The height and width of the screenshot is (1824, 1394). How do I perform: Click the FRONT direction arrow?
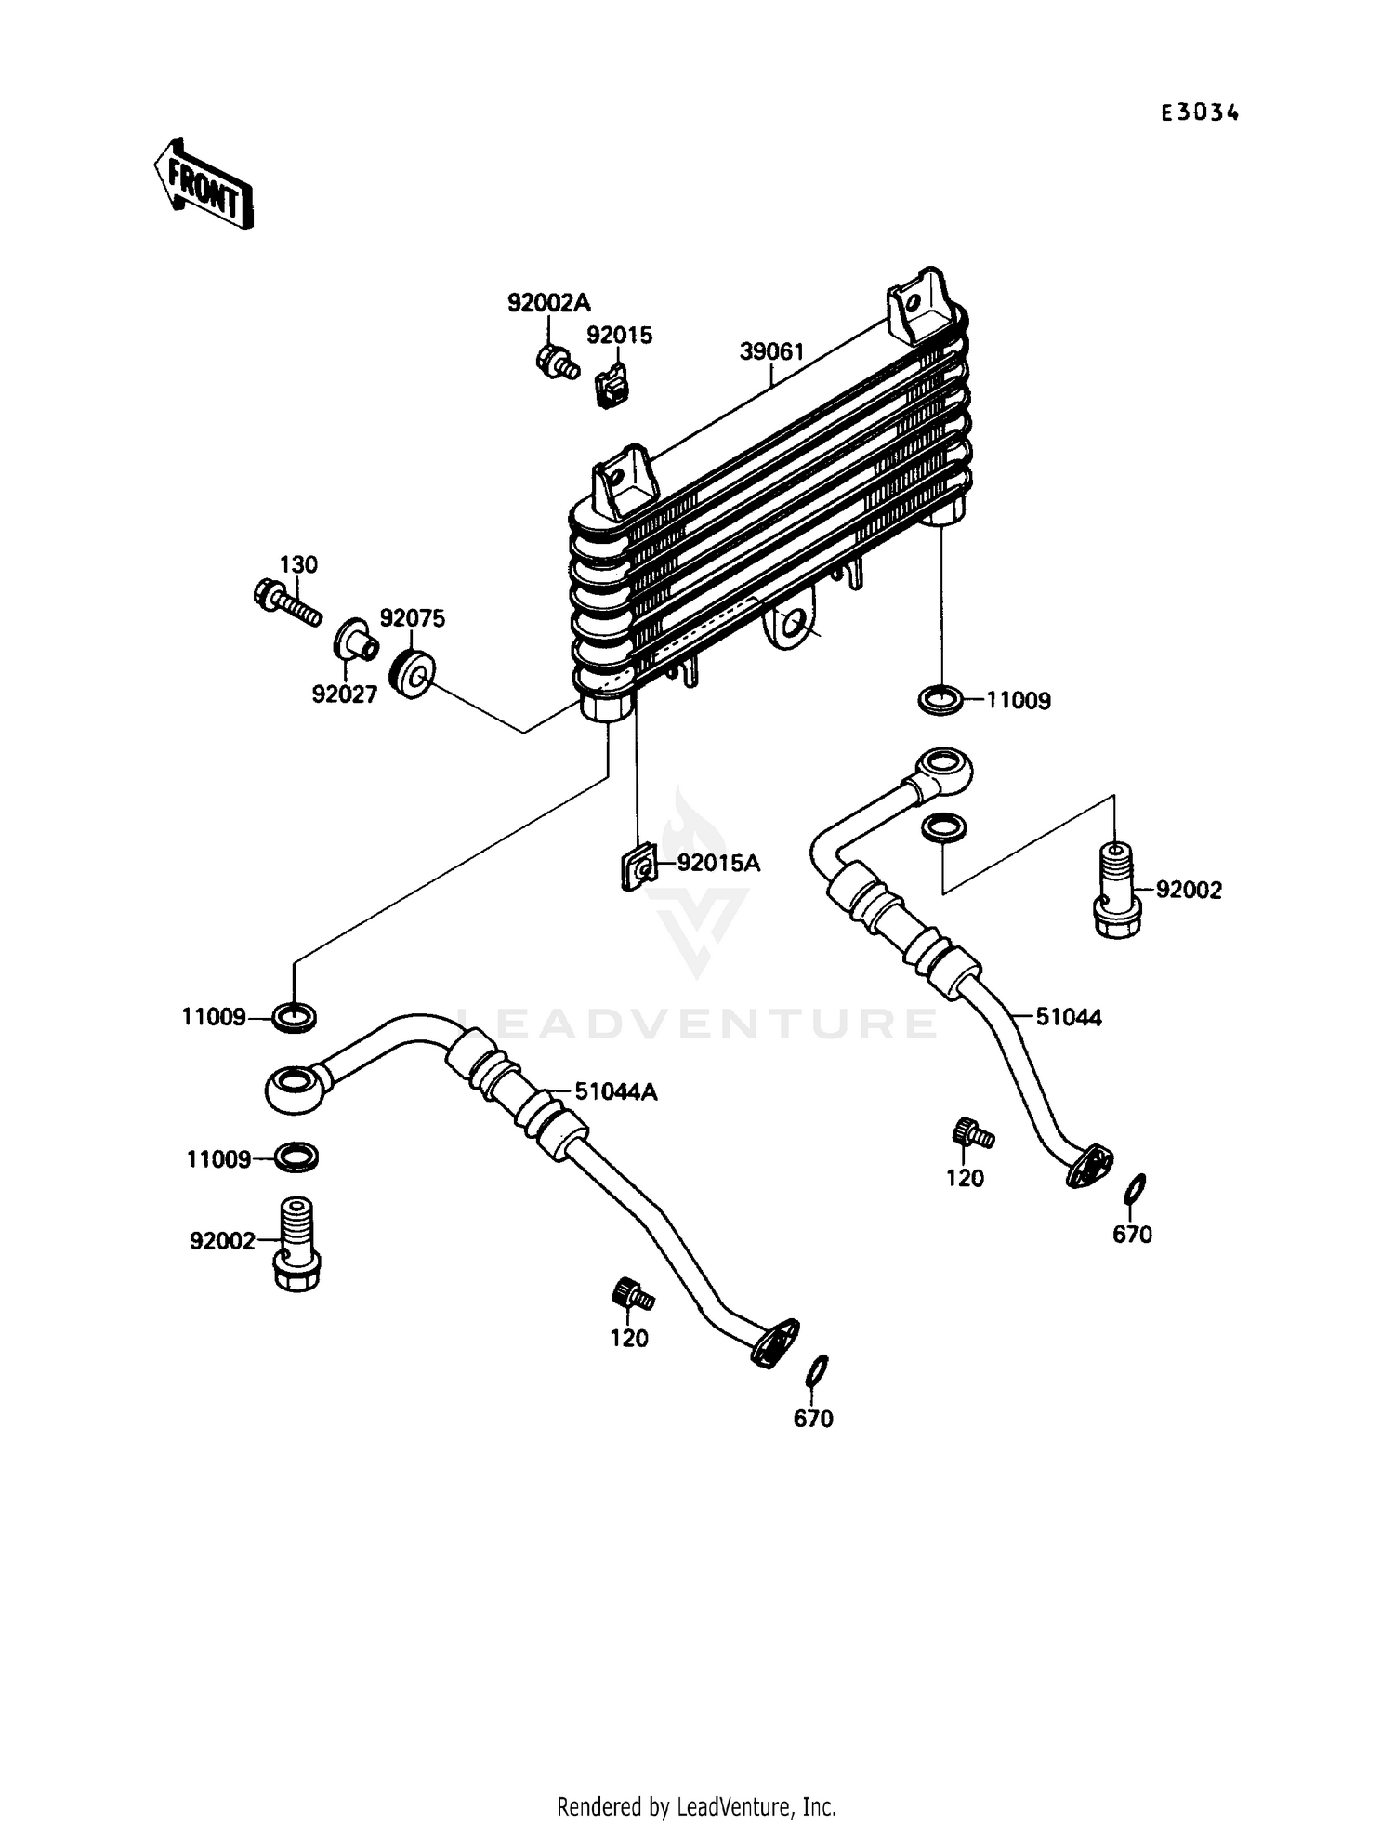[204, 183]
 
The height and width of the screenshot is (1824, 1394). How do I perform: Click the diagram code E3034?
[1200, 113]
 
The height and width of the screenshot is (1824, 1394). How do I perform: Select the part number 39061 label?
[771, 351]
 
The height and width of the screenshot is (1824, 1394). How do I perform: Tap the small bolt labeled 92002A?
[556, 362]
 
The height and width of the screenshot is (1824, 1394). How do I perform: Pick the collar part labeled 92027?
[356, 640]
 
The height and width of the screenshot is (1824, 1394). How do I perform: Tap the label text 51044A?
[615, 1091]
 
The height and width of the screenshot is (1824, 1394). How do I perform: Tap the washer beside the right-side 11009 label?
[941, 699]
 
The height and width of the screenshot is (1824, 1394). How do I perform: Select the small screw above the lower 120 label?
[632, 1294]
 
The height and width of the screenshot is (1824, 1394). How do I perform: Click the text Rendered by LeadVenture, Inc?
[696, 1806]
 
